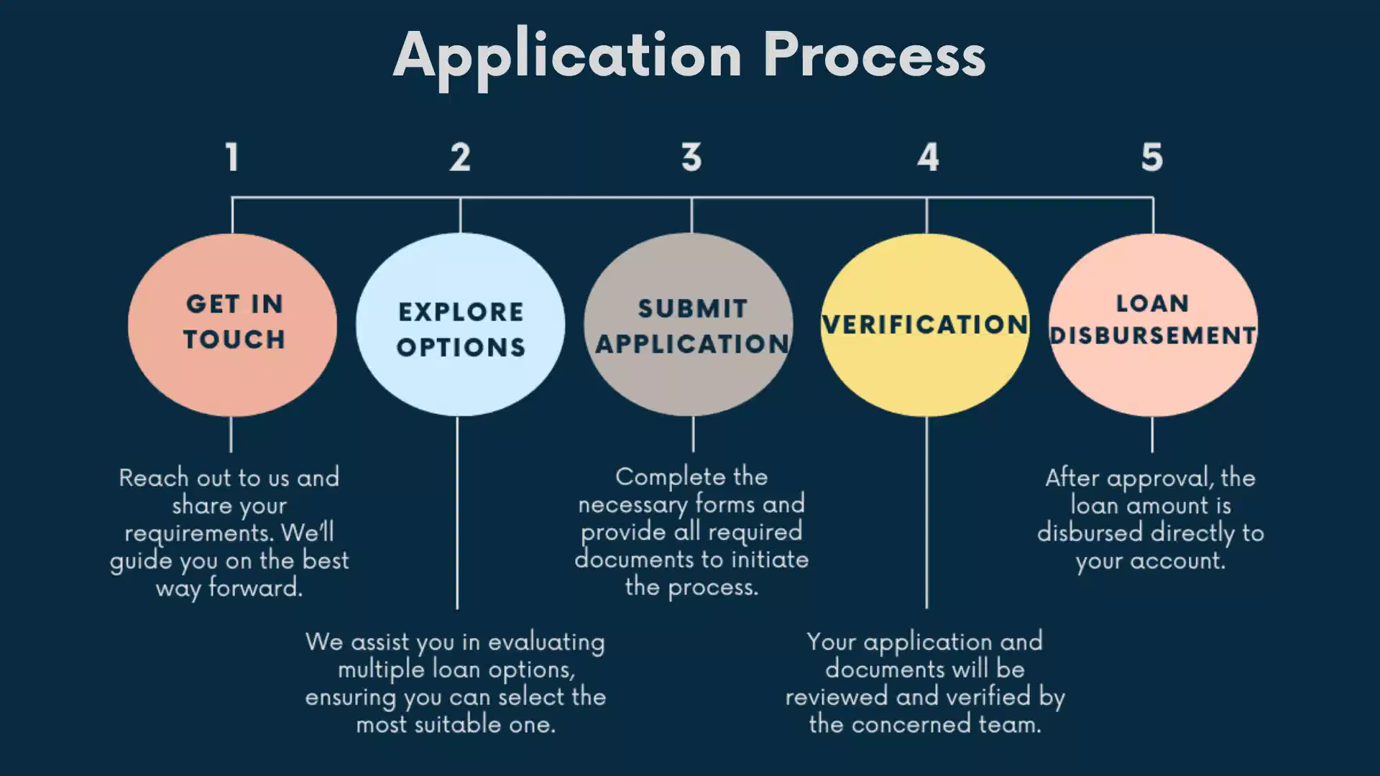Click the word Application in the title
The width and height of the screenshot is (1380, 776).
coord(568,56)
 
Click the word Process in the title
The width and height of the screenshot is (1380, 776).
coord(874,56)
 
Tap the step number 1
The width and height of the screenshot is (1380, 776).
coord(231,157)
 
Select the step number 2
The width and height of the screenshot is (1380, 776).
coord(460,157)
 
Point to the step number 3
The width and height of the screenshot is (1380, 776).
coord(691,157)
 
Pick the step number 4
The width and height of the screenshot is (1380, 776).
coord(928,157)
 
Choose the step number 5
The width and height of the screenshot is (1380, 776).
coord(1152,157)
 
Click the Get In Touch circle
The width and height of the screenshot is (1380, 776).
coord(232,381)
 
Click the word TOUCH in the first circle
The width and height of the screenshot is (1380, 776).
coord(234,339)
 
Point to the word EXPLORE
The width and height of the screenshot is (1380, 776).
coord(461,312)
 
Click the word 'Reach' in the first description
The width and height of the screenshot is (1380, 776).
coord(153,478)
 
